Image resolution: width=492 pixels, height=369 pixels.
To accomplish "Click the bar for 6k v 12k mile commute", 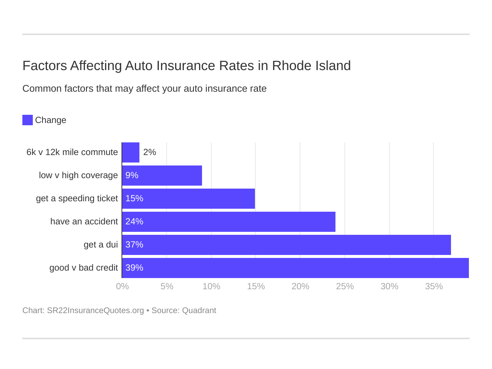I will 130,152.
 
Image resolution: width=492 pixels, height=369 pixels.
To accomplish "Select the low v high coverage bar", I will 162,176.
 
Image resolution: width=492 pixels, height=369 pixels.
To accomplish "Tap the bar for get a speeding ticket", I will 189,199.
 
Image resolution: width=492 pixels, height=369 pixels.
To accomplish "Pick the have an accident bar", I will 229,222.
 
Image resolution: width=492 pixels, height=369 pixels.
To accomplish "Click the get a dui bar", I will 286,245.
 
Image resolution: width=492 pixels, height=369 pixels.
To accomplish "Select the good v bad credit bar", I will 295,268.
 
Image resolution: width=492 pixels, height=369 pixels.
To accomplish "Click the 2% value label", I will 149,152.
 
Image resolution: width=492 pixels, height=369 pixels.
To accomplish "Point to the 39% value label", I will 134,268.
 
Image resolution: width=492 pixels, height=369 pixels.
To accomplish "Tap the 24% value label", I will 134,222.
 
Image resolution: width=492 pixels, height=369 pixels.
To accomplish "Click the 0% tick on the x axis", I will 122,286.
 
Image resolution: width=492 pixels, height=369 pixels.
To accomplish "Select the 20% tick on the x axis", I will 300,286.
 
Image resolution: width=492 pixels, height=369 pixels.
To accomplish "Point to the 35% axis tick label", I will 434,286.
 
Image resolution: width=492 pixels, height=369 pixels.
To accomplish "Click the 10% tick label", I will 211,286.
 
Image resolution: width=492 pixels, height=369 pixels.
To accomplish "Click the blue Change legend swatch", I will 28,120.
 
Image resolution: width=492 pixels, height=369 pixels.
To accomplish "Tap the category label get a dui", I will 101,245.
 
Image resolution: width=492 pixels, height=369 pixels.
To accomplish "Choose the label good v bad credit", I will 83,268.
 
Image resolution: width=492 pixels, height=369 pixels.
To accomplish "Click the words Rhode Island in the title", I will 311,66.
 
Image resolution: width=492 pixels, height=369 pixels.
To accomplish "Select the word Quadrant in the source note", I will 199,310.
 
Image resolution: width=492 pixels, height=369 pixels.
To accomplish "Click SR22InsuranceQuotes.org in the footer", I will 95,310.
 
